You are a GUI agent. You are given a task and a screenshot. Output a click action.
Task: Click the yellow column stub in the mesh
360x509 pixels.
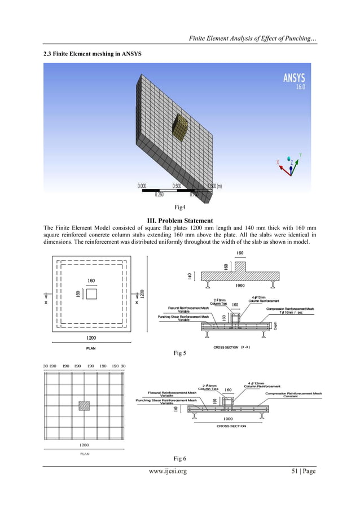[x=179, y=128]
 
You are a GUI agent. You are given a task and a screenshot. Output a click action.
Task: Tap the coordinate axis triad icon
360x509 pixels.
[x=289, y=164]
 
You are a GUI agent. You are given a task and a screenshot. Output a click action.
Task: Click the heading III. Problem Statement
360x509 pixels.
[x=180, y=220]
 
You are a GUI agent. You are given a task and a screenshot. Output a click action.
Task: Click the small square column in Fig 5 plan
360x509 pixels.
[x=91, y=295]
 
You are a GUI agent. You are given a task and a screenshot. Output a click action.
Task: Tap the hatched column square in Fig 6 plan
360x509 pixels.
[x=84, y=405]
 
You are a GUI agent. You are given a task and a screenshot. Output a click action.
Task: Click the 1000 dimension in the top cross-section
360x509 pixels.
[x=240, y=286]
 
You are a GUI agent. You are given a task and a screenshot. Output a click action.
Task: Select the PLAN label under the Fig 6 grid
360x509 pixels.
[x=84, y=453]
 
